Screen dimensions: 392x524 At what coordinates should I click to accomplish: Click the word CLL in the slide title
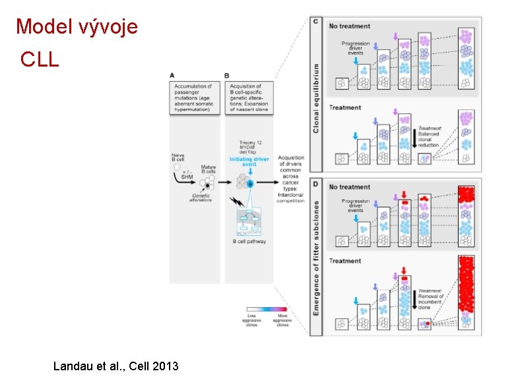[x=40, y=60]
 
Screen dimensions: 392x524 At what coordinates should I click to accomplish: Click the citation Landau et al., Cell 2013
[x=115, y=366]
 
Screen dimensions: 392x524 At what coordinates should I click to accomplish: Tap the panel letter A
[x=172, y=75]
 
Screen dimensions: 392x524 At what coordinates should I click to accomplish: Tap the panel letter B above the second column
[x=227, y=75]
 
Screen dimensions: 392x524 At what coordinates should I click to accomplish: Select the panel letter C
[x=317, y=22]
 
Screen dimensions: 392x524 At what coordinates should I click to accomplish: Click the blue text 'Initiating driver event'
[x=249, y=163]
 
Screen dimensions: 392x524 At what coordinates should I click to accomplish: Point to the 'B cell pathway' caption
[x=248, y=242]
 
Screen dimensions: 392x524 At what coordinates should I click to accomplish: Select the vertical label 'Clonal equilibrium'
[x=316, y=98]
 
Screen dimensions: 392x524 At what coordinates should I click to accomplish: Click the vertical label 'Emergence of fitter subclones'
[x=316, y=258]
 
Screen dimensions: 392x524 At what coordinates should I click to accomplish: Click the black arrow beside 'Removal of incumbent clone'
[x=414, y=300]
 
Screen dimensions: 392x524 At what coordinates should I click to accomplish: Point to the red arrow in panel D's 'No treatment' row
[x=404, y=195]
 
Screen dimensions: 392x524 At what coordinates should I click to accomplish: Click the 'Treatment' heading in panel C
[x=345, y=107]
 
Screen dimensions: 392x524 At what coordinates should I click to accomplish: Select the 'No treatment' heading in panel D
[x=350, y=187]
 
